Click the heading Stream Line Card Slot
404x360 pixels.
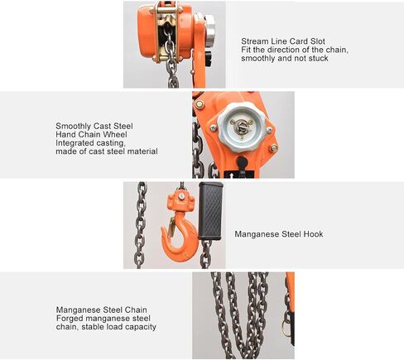click(x=283, y=41)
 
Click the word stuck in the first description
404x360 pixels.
click(x=319, y=58)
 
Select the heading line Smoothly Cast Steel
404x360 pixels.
click(x=94, y=126)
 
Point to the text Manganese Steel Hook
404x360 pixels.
click(x=279, y=234)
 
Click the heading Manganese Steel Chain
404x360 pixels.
click(x=101, y=310)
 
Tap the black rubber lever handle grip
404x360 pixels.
click(x=210, y=211)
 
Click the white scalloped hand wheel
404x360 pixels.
click(x=242, y=127)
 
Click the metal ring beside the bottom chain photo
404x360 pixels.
click(x=286, y=328)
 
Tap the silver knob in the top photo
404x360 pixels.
click(x=210, y=27)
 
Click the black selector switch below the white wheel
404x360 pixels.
click(x=242, y=165)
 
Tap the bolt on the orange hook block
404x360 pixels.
click(x=180, y=196)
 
